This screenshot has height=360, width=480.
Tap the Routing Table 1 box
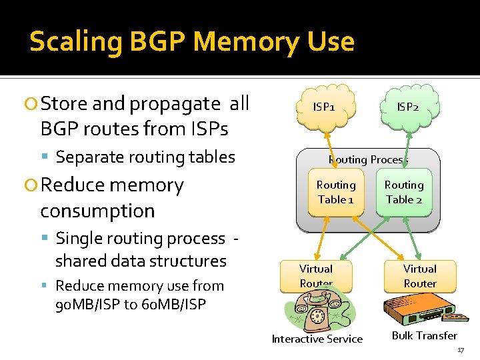click(336, 193)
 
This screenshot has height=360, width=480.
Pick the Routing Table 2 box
click(404, 193)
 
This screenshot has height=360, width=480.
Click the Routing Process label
click(368, 159)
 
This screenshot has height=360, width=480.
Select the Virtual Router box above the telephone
click(316, 275)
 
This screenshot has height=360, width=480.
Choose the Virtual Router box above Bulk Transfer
click(420, 276)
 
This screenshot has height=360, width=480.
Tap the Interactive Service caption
click(317, 339)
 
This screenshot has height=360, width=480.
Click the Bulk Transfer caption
click(425, 336)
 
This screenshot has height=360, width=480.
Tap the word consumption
click(97, 211)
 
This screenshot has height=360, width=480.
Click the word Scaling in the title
click(75, 42)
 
